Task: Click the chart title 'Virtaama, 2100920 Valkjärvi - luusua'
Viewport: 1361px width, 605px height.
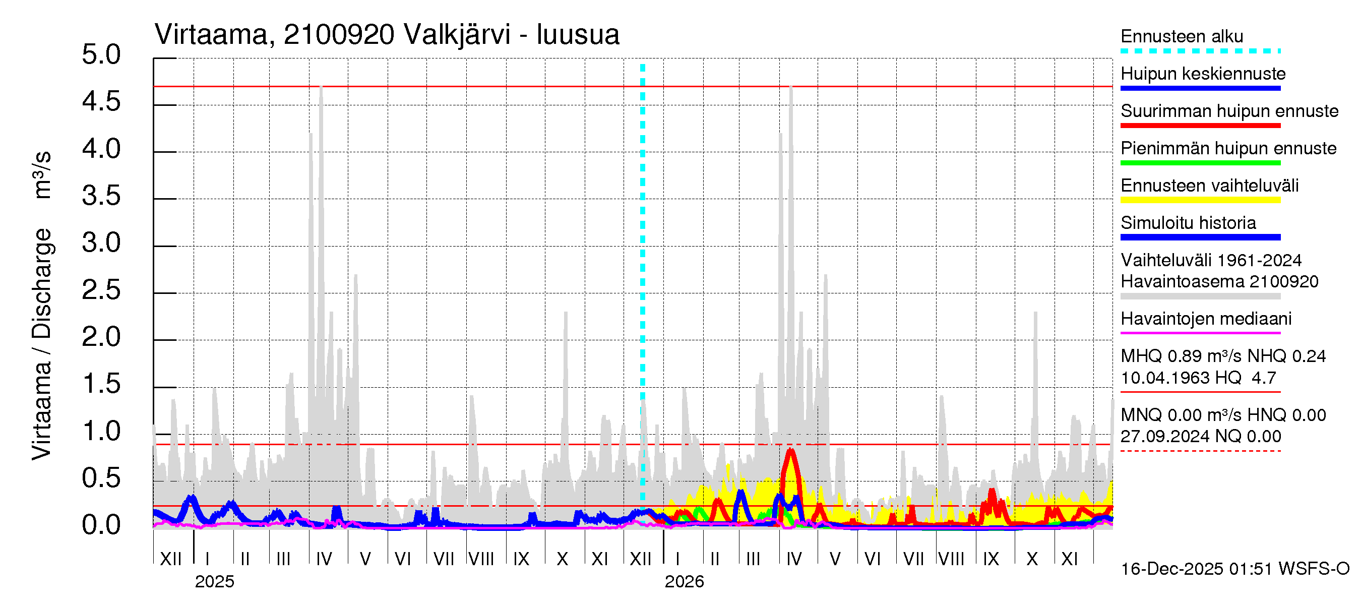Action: click(387, 35)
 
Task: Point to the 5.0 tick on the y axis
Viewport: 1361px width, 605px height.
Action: click(101, 55)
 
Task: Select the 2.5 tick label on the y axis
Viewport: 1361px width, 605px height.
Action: click(101, 290)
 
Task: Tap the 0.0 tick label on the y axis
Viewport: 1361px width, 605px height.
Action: click(101, 525)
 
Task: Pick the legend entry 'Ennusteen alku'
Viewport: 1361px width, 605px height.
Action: click(1182, 37)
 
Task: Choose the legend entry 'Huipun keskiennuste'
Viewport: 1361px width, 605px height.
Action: click(1203, 74)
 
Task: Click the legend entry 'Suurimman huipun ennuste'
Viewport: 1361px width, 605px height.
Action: click(1229, 111)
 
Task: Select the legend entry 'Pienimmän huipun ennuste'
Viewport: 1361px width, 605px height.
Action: click(1228, 148)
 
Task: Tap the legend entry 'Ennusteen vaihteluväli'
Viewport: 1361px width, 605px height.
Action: click(1209, 186)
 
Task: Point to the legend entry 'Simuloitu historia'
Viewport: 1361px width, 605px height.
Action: click(1188, 223)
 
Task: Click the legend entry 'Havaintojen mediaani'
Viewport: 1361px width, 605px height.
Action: click(1206, 319)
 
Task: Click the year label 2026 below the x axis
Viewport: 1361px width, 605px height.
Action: click(684, 582)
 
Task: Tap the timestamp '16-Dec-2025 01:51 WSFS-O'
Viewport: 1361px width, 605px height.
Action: click(1234, 569)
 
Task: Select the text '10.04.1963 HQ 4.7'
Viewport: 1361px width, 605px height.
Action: click(1198, 378)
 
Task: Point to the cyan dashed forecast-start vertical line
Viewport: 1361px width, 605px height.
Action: click(643, 264)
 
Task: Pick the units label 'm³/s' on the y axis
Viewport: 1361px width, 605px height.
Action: click(42, 174)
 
